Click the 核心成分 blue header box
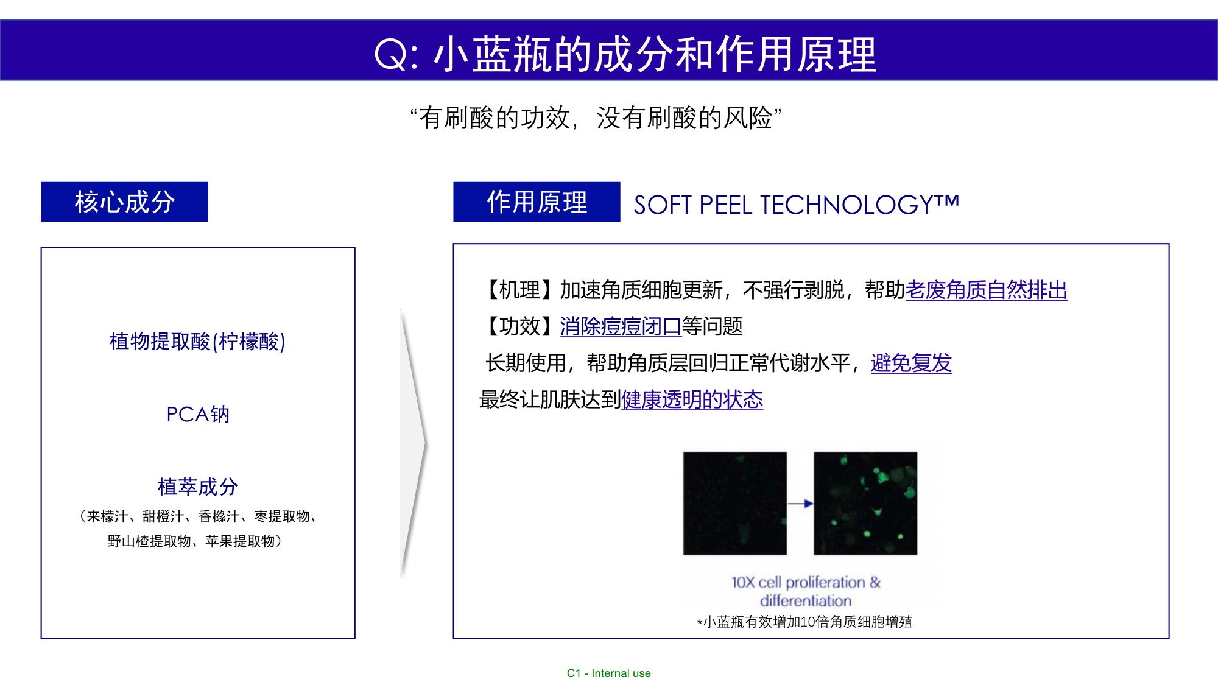(124, 202)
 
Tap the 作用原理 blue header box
(537, 202)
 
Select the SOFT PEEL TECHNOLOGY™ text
(796, 205)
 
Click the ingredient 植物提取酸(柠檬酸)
(197, 342)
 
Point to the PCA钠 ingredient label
(198, 414)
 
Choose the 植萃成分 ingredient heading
(197, 487)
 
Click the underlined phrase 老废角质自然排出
(986, 290)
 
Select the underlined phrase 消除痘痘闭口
(621, 327)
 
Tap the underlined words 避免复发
(911, 363)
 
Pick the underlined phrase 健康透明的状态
(692, 399)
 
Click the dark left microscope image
(734, 503)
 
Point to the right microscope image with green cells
(865, 503)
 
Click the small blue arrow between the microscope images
(800, 504)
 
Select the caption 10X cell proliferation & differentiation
(806, 591)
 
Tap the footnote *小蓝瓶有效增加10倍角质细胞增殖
(804, 622)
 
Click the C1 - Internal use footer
(608, 673)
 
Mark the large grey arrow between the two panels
(413, 443)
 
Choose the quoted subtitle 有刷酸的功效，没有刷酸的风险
(596, 118)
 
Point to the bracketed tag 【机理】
(519, 290)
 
